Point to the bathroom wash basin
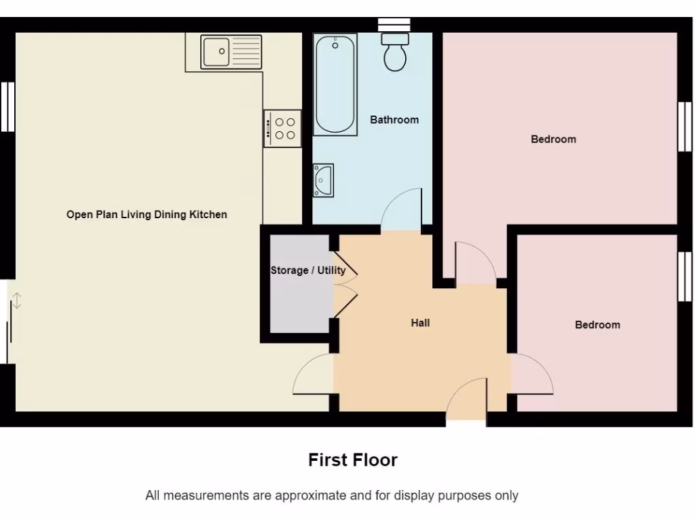pos(323,180)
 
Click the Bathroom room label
pos(394,120)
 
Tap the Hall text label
pos(420,323)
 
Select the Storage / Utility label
pos(307,271)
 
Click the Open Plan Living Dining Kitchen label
pos(147,215)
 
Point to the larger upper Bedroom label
pos(553,139)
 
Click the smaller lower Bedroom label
pos(597,325)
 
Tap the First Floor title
pos(352,460)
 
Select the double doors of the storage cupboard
pos(345,285)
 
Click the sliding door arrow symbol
pos(17,300)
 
